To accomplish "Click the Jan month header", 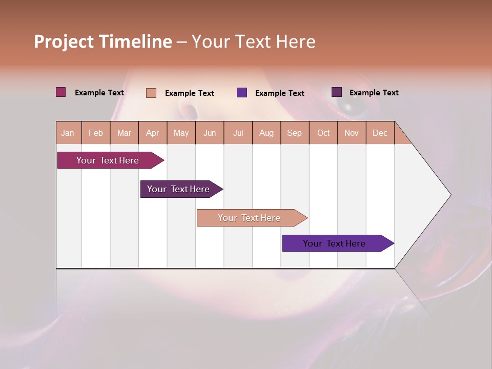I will click(68, 133).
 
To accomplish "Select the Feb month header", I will click(96, 133).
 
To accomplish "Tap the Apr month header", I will click(153, 133).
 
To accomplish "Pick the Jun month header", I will click(210, 133).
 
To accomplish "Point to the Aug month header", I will click(266, 133).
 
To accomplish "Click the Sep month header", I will click(295, 133).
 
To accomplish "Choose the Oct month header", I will click(323, 133).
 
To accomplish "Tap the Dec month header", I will click(380, 133).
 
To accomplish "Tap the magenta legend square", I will click(61, 92).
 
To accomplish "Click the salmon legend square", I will click(151, 93).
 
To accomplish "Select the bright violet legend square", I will click(242, 93).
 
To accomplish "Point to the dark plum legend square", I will click(337, 92).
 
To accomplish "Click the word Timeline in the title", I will click(135, 42).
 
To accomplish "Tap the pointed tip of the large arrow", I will click(449, 195).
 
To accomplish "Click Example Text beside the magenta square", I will click(99, 93).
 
